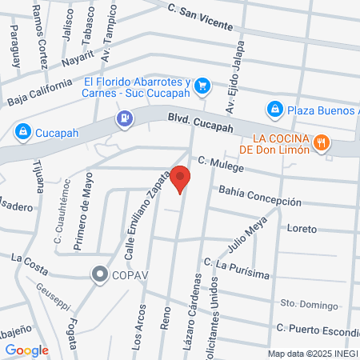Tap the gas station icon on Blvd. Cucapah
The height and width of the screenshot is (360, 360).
coord(125,118)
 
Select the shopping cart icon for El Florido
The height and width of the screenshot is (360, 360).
coord(203,85)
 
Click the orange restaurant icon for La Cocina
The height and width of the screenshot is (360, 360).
coord(322,142)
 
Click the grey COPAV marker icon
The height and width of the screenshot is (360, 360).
coord(100,274)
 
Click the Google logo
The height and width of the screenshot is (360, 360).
coord(26,350)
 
